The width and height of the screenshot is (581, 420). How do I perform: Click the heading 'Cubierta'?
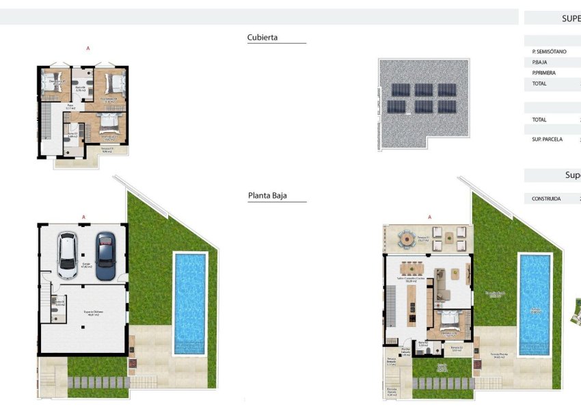(262, 38)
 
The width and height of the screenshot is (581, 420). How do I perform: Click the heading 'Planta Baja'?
(267, 196)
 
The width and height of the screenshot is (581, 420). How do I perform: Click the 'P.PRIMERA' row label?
(543, 73)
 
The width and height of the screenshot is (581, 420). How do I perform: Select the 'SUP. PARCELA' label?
(547, 139)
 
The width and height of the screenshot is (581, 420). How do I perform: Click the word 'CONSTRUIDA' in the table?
(546, 199)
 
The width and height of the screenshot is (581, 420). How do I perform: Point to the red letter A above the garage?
(83, 217)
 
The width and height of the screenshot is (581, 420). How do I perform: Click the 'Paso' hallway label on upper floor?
(69, 107)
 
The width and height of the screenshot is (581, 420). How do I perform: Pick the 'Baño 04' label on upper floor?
(80, 88)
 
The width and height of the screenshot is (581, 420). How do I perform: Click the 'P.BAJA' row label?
(539, 62)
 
